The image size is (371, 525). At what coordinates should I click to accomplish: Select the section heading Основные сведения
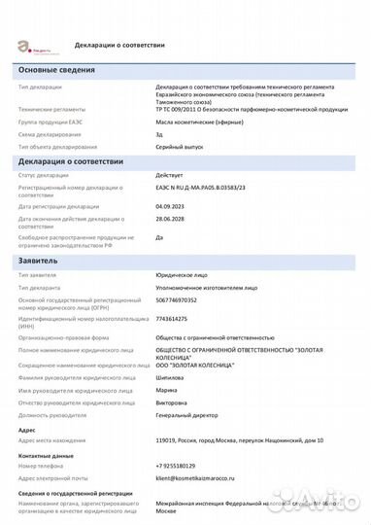[x=56, y=70]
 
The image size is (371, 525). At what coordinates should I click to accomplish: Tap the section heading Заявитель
[x=39, y=262]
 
